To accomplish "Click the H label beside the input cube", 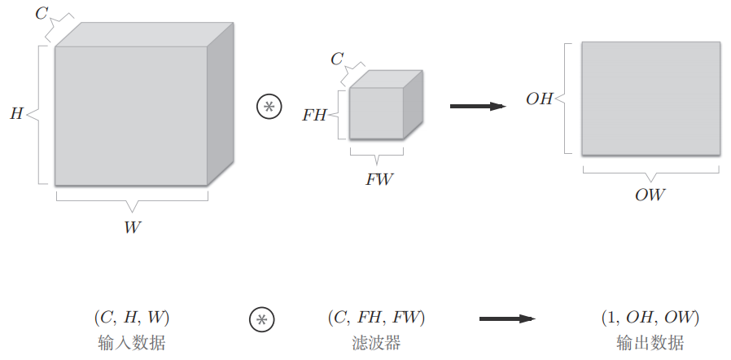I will pyautogui.click(x=15, y=114).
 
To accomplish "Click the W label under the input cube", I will pyautogui.click(x=132, y=227).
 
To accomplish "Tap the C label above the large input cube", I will pyautogui.click(x=41, y=13).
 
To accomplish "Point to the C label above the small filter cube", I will pyautogui.click(x=336, y=59).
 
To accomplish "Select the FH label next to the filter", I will pyautogui.click(x=313, y=115).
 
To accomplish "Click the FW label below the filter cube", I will pyautogui.click(x=379, y=179).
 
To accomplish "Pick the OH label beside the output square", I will pyautogui.click(x=539, y=99).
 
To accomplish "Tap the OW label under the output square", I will pyautogui.click(x=650, y=195).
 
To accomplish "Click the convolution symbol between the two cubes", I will pyautogui.click(x=268, y=107).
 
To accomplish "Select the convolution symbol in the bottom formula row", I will pyautogui.click(x=260, y=319).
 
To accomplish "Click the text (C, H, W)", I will pyautogui.click(x=130, y=317).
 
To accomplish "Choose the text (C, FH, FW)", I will pyautogui.click(x=376, y=317).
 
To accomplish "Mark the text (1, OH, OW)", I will pyautogui.click(x=650, y=317).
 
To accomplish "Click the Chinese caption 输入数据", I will pyautogui.click(x=130, y=342).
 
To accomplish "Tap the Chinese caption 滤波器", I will pyautogui.click(x=375, y=342).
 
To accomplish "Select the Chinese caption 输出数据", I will pyautogui.click(x=650, y=342).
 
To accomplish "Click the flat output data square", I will pyautogui.click(x=650, y=98).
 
